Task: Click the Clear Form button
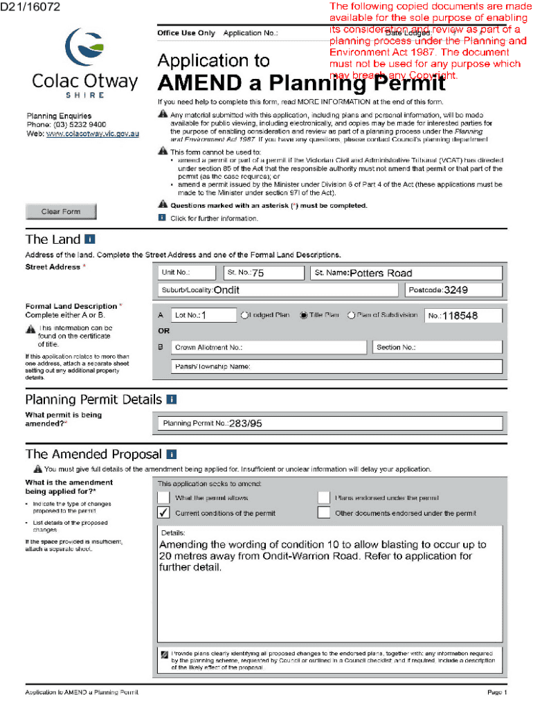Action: (61, 212)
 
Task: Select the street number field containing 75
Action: (263, 273)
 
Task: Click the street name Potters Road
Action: (381, 273)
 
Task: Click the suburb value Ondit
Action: (227, 290)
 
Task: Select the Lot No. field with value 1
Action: (204, 316)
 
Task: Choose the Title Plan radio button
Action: (303, 315)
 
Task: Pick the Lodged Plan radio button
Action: (244, 315)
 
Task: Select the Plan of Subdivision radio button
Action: (351, 315)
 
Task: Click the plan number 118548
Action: (460, 316)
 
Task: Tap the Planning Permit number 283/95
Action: (246, 423)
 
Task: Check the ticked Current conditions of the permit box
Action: (163, 513)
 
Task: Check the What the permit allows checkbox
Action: (163, 497)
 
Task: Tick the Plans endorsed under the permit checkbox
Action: (323, 497)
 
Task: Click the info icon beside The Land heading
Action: (89, 240)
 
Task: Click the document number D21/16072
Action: (31, 7)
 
